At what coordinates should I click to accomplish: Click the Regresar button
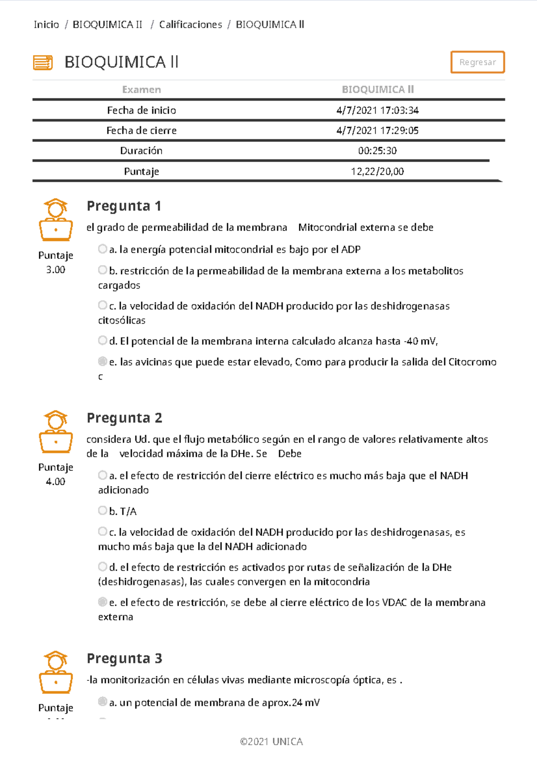point(477,62)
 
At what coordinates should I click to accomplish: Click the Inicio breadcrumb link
point(46,25)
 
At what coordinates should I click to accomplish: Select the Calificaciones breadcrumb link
point(191,25)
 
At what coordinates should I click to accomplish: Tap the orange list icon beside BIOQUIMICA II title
point(43,63)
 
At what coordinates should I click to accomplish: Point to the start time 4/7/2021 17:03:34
point(377,110)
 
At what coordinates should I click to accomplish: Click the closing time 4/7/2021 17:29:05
point(377,131)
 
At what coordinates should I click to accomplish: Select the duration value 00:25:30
point(377,151)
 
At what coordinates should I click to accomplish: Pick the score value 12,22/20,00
point(377,171)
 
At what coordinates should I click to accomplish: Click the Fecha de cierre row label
point(141,131)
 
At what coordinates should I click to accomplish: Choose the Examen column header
point(141,90)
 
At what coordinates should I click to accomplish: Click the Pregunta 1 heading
point(124,206)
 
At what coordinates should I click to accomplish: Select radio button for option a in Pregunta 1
point(102,249)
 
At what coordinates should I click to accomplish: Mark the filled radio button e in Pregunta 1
point(102,361)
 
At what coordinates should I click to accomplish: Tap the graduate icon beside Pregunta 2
point(55,432)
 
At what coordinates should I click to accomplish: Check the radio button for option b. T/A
point(102,511)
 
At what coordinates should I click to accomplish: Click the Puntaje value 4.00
point(55,482)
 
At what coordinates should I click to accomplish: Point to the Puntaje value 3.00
point(55,270)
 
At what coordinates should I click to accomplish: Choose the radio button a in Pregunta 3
point(102,702)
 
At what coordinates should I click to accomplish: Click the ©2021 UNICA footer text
point(271,742)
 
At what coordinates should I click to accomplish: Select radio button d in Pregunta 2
point(102,567)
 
